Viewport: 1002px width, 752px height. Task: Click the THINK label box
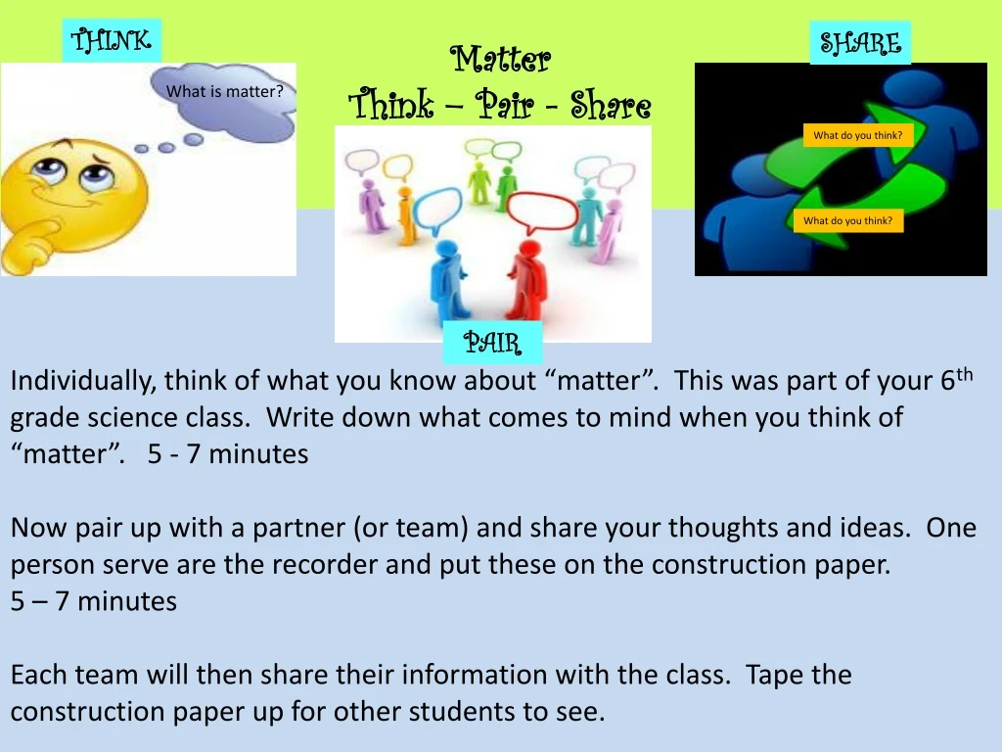tap(112, 40)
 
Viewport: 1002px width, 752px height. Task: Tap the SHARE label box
tap(860, 43)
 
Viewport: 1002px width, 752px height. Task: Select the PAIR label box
tap(493, 343)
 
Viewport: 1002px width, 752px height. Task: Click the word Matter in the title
tap(500, 59)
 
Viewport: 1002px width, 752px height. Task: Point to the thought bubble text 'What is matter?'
tap(224, 91)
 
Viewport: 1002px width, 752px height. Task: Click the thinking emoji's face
tap(75, 192)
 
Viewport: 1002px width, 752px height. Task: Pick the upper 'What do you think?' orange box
tap(857, 135)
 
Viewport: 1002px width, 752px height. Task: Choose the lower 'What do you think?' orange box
tap(848, 220)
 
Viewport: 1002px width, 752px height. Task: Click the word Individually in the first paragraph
tap(83, 381)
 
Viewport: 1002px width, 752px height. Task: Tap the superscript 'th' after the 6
tap(964, 374)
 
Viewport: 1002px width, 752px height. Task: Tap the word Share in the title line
tap(611, 105)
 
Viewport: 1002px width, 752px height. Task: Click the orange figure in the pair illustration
tap(404, 214)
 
